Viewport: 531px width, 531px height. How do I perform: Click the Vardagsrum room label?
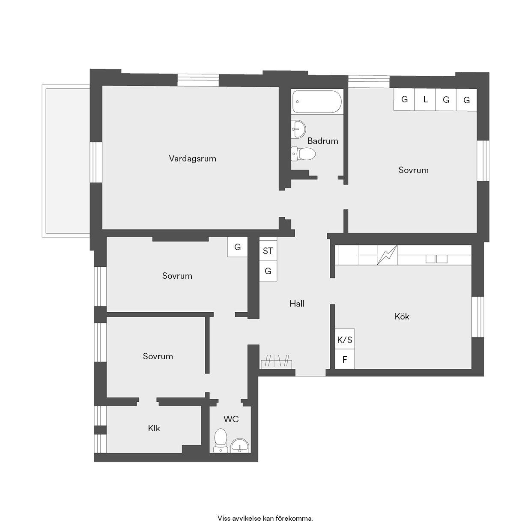coord(192,159)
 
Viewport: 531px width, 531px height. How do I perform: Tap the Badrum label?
coord(323,141)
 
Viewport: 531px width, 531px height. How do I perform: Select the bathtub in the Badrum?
coord(317,101)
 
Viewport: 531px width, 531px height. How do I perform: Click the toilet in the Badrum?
coord(303,154)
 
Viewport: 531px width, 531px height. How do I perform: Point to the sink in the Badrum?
coord(298,129)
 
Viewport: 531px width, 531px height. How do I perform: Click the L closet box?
coord(425,99)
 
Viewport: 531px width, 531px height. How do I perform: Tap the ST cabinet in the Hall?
coord(268,251)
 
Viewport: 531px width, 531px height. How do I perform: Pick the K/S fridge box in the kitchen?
coord(345,340)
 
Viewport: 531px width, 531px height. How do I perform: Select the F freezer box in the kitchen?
coord(345,359)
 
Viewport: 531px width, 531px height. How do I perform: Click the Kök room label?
coord(402,316)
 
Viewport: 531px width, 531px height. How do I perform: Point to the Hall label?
coord(297,304)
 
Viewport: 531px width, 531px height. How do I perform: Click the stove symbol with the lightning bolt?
coord(387,255)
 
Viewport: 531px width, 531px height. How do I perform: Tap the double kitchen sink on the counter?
coord(436,259)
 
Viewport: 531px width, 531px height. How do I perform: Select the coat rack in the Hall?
coord(276,361)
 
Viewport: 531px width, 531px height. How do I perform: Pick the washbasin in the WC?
coord(240,446)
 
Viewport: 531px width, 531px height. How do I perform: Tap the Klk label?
coord(154,428)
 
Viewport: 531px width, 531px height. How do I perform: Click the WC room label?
coord(231,419)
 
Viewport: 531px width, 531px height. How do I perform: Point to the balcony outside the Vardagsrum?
coord(66,161)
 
